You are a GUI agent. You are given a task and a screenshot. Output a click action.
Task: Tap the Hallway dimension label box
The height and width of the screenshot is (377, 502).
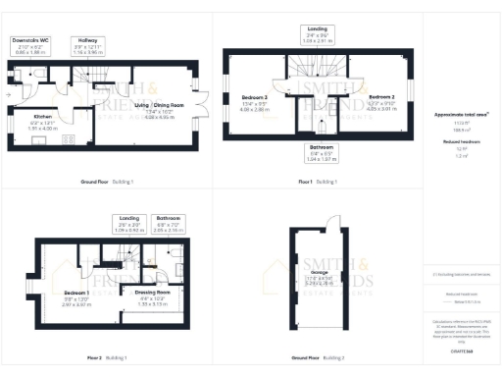click(x=88, y=45)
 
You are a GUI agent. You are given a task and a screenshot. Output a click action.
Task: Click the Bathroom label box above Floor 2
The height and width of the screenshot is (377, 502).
click(x=169, y=224)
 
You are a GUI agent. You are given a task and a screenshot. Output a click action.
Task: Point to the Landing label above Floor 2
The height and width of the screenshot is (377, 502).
click(x=129, y=224)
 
